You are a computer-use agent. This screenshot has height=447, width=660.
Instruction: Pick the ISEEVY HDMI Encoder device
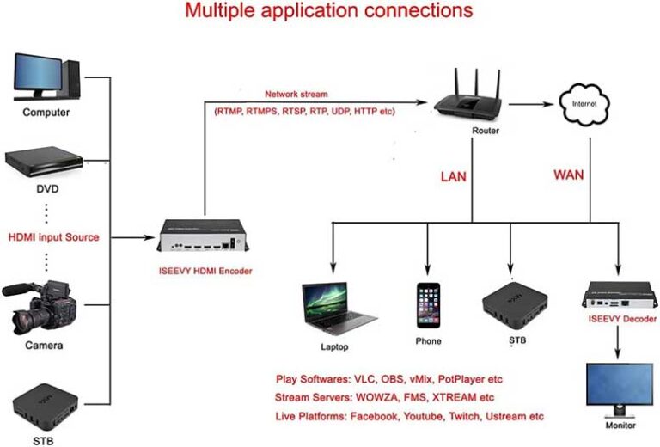[x=205, y=237]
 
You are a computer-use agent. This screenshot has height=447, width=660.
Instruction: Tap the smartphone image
[x=428, y=305]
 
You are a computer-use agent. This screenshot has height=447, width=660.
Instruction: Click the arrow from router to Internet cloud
[x=534, y=103]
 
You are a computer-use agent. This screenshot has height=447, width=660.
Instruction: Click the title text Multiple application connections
[x=330, y=11]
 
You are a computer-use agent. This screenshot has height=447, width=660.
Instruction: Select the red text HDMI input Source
[x=53, y=237]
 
